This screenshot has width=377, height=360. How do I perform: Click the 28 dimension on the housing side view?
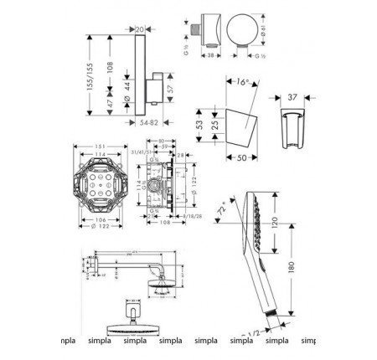(x=184, y=156)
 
